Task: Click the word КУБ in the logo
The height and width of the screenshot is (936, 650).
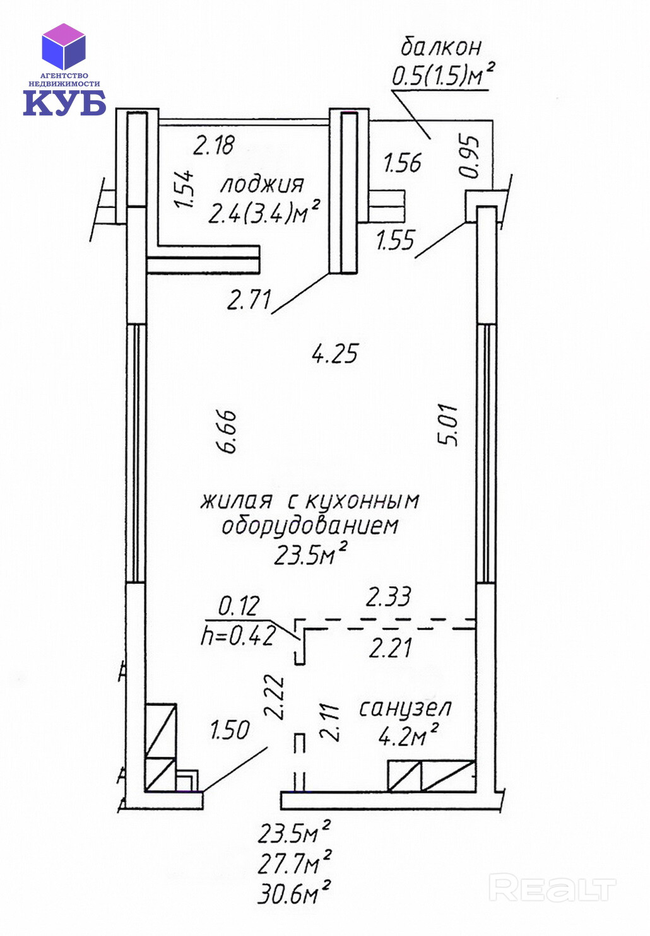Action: (x=64, y=103)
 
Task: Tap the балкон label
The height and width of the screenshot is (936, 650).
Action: (x=441, y=47)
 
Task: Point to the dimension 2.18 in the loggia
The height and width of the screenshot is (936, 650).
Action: (x=214, y=145)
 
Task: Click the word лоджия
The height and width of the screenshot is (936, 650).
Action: (x=262, y=185)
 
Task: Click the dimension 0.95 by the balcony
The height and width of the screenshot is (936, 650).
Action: (x=471, y=156)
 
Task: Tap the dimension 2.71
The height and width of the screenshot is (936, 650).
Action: (x=249, y=300)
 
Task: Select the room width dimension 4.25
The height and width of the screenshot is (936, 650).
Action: (x=335, y=353)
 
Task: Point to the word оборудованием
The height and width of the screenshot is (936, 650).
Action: (x=310, y=525)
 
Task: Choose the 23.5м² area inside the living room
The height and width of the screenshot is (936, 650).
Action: (x=310, y=555)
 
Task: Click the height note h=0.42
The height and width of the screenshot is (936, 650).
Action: (x=238, y=635)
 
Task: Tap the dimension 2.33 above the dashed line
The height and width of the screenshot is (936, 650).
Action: (x=389, y=597)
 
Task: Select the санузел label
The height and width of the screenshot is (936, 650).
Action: (x=406, y=709)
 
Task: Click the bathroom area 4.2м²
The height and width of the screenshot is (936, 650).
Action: (x=408, y=735)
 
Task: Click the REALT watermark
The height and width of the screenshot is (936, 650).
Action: (x=553, y=888)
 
